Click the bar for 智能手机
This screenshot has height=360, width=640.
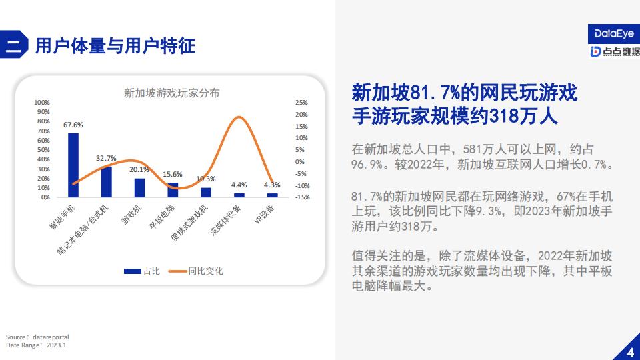pos(73,165)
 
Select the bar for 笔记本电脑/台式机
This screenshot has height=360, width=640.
pos(107,182)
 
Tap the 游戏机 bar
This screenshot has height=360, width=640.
pos(139,188)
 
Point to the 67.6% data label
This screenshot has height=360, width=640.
pos(73,125)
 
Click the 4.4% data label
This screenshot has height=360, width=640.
pos(239,185)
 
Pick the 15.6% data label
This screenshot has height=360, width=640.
pos(173,174)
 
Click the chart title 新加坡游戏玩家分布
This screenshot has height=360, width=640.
pos(172,93)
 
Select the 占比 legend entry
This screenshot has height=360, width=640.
pos(142,271)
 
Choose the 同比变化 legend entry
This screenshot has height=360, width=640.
pos(196,271)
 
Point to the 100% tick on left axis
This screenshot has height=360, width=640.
pos(41,103)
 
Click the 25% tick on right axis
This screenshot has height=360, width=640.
pos(301,103)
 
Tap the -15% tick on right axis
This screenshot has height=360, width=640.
pos(303,197)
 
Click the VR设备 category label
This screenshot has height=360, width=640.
pos(264,214)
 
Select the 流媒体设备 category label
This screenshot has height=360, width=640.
pos(225,220)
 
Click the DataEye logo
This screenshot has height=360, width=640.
pos(614,34)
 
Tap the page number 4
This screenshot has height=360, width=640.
pos(631,352)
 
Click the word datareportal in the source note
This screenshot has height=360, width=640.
pos(51,337)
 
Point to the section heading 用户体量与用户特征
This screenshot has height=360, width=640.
pos(115,46)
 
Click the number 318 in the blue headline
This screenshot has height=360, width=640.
pos(504,116)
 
